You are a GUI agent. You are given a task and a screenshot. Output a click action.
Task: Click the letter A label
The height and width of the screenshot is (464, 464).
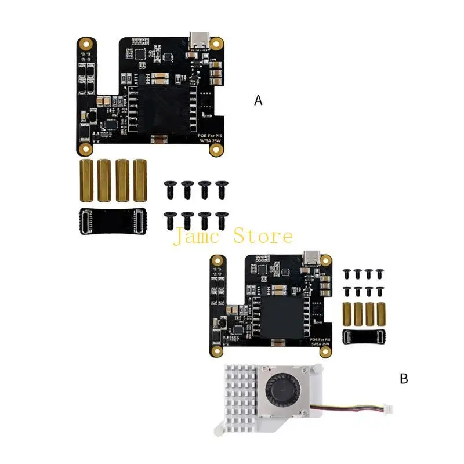click(259, 100)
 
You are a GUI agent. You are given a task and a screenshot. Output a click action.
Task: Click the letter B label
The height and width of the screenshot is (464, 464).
click(404, 379)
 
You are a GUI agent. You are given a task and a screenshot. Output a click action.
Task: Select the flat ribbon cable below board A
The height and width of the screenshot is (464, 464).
click(113, 221)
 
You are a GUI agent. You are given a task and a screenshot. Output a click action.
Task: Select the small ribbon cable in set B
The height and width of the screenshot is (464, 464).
click(362, 336)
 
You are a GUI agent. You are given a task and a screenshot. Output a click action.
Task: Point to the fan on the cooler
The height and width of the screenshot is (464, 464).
click(280, 390)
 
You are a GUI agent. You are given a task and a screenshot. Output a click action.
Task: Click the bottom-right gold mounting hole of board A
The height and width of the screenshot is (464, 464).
click(216, 150)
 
